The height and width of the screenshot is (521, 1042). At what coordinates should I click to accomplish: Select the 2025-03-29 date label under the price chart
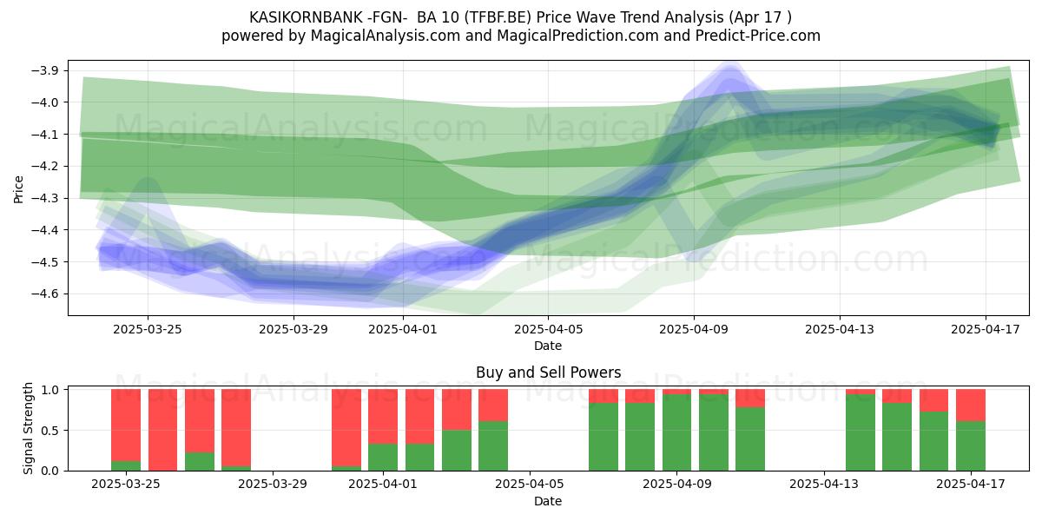click(x=293, y=329)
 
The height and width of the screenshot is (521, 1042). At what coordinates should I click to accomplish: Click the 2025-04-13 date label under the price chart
click(x=840, y=329)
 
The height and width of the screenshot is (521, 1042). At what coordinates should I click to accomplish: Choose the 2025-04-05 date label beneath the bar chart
click(x=530, y=484)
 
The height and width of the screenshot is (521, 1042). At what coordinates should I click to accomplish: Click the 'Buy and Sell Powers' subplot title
click(x=549, y=373)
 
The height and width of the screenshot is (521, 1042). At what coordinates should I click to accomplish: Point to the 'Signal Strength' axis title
click(x=29, y=428)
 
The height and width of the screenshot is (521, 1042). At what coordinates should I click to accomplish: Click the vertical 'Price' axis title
click(x=18, y=189)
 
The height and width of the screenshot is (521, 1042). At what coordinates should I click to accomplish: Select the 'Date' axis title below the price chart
click(x=548, y=346)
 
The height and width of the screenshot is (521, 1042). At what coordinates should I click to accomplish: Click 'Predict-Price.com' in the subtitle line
click(x=758, y=36)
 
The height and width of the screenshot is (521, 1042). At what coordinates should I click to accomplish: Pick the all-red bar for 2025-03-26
click(x=163, y=430)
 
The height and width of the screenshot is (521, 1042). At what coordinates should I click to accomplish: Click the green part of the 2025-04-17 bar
click(x=971, y=446)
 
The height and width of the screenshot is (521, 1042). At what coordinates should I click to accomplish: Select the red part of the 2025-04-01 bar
click(x=383, y=416)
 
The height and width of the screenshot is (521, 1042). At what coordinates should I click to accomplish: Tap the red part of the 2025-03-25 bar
click(x=126, y=425)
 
